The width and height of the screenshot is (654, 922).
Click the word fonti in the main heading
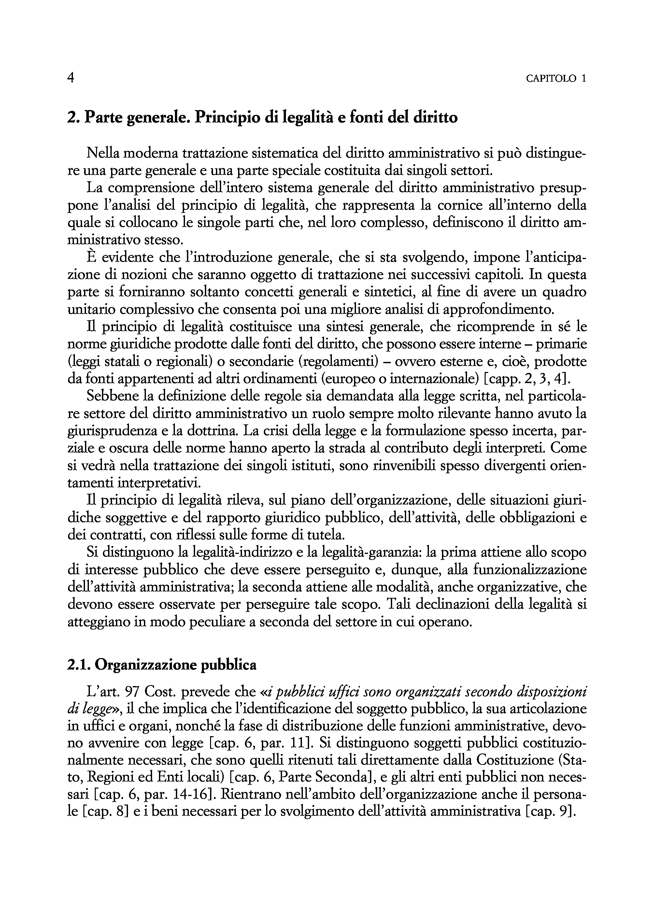[366, 118]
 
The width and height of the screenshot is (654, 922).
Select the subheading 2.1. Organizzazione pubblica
[162, 665]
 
